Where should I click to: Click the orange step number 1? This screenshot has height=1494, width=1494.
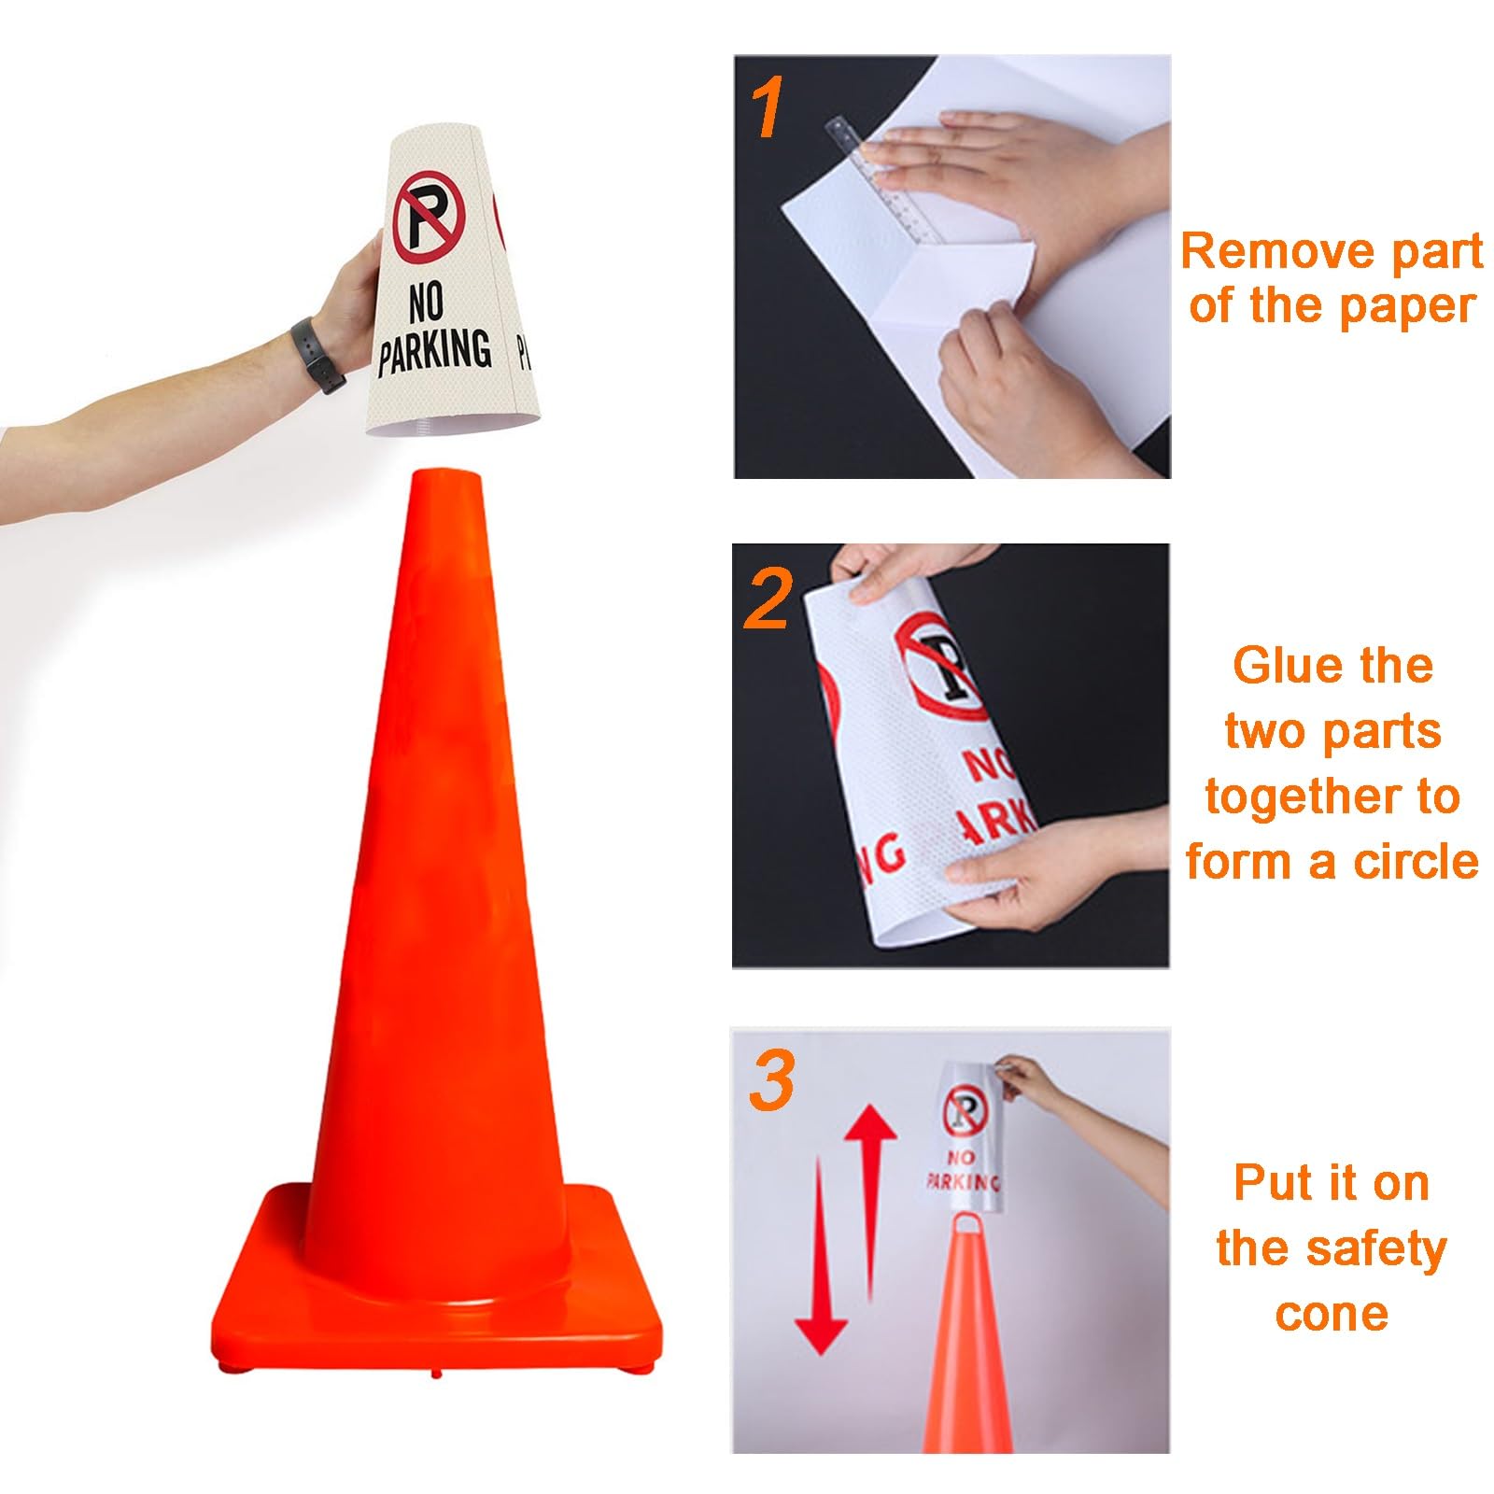click(768, 110)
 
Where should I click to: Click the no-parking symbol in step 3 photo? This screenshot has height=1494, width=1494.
click(965, 1113)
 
